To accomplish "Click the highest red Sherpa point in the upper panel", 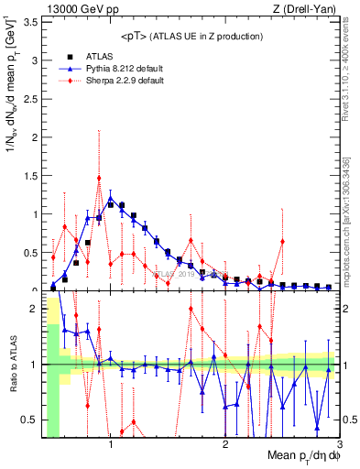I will [x=99, y=178].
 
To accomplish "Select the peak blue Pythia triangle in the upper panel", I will [x=111, y=198].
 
